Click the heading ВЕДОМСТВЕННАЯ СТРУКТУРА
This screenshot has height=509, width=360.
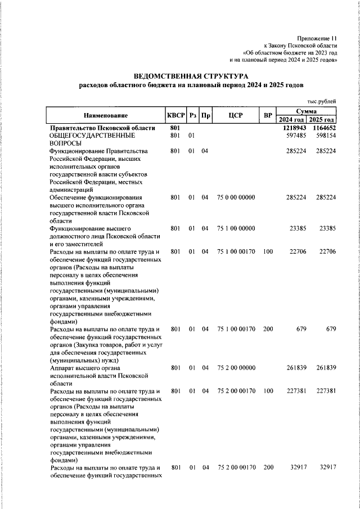click(x=190, y=75)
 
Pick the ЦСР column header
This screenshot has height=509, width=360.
click(x=236, y=115)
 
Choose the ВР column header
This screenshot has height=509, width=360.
click(x=268, y=115)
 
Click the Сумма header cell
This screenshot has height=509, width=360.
click(x=307, y=112)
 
